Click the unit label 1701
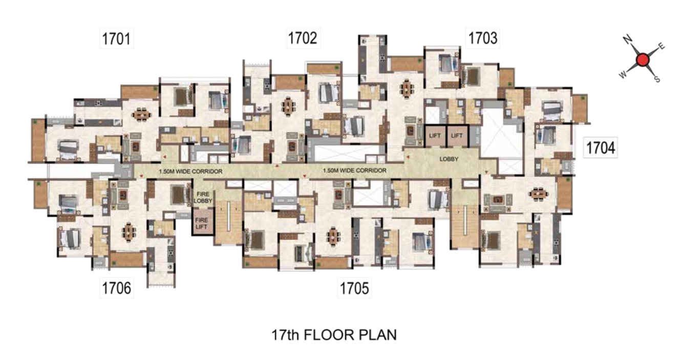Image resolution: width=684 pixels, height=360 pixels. (x=116, y=39)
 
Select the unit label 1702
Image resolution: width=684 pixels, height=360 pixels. (x=303, y=38)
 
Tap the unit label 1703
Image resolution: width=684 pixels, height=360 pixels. (x=482, y=38)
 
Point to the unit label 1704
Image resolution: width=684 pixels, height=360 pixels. (x=601, y=148)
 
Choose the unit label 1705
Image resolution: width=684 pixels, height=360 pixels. (x=354, y=288)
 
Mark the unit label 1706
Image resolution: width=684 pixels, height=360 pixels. (x=116, y=288)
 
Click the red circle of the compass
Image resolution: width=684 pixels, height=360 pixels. (x=643, y=60)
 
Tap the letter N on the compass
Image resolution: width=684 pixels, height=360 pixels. (x=627, y=39)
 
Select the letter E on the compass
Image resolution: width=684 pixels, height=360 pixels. (x=661, y=47)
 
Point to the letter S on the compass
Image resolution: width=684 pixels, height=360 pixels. (x=658, y=79)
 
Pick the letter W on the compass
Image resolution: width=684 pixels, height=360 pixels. (x=623, y=75)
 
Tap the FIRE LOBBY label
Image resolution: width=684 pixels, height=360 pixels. (x=203, y=198)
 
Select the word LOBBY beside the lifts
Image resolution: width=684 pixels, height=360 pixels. (x=449, y=159)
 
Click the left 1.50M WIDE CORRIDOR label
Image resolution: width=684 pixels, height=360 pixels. (x=190, y=172)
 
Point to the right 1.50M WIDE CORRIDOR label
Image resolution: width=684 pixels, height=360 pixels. (x=354, y=171)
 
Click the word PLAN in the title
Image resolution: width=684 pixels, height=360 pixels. (x=376, y=335)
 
